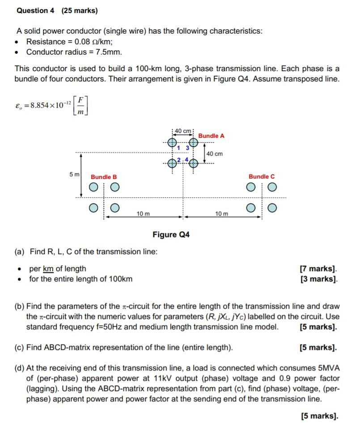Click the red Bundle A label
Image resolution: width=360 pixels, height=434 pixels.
tap(211, 136)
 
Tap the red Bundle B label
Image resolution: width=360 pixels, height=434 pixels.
tap(104, 177)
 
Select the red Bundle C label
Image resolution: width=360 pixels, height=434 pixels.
tap(262, 177)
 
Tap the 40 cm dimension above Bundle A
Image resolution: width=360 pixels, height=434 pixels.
tap(183, 131)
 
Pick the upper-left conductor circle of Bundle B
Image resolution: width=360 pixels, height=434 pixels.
tap(94, 187)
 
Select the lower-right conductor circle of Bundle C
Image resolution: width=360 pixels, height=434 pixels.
tap(272, 208)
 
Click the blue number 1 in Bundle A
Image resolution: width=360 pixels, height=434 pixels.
tap(178, 148)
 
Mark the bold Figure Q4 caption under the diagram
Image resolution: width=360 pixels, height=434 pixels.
tap(171, 234)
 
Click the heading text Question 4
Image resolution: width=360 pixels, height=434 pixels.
tap(35, 11)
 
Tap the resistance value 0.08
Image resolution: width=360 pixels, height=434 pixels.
tap(78, 42)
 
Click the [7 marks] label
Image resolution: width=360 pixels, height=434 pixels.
tap(318, 269)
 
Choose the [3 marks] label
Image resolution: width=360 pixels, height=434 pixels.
tap(318, 279)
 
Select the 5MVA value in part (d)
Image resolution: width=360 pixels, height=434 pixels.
tap(327, 368)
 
